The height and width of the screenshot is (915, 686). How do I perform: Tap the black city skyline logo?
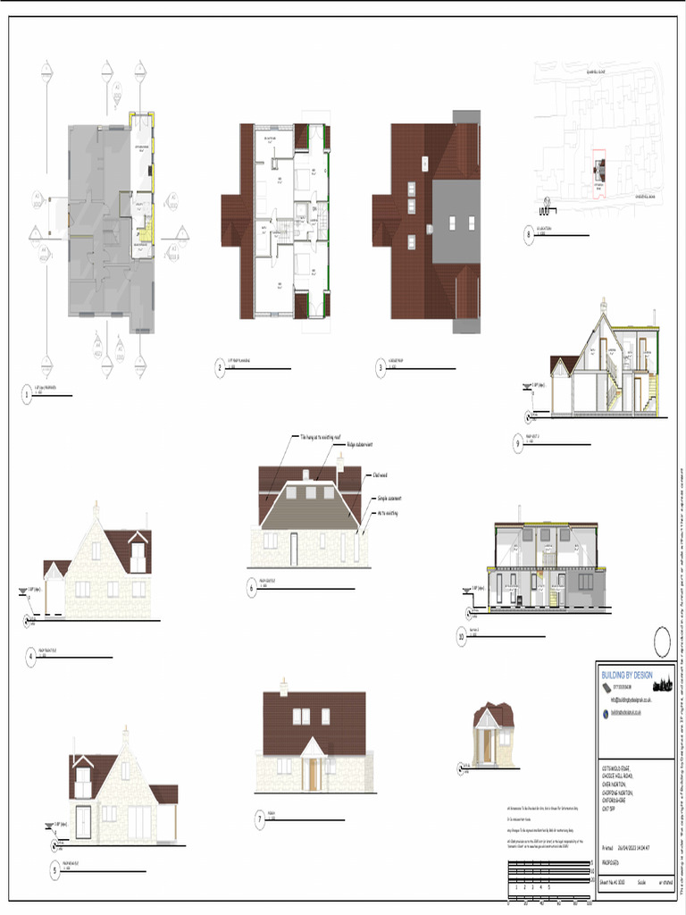click(x=661, y=685)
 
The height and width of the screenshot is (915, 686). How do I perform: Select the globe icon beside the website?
click(x=605, y=713)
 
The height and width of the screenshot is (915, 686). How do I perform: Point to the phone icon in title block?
click(x=605, y=687)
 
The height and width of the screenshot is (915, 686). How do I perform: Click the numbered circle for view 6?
click(x=252, y=589)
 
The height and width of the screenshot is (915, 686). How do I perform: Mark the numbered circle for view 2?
click(x=219, y=366)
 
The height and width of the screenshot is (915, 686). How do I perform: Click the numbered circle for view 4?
click(x=31, y=657)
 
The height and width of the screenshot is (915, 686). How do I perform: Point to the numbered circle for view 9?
click(x=518, y=442)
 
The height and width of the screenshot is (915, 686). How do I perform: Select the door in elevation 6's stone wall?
click(x=293, y=547)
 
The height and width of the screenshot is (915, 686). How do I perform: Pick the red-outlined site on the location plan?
click(x=599, y=172)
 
